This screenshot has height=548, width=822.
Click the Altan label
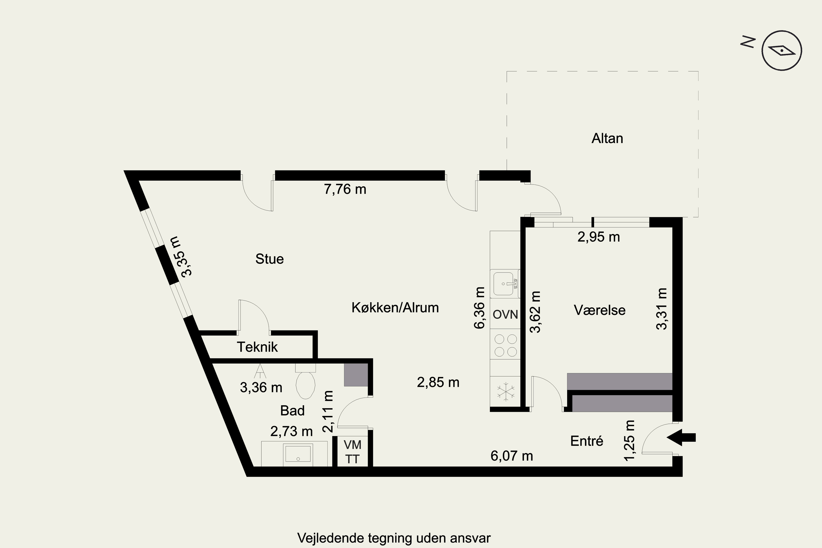click(x=607, y=138)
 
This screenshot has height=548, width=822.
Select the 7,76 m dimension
click(x=345, y=189)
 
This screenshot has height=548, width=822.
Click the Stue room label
click(x=269, y=259)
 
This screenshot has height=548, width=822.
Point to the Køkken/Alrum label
click(x=395, y=307)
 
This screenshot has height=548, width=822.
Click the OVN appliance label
click(x=505, y=315)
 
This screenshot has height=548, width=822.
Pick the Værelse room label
click(x=600, y=310)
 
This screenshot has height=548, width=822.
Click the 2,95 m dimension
click(x=599, y=237)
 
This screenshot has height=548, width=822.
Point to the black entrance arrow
click(x=681, y=438)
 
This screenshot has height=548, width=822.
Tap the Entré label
click(x=587, y=441)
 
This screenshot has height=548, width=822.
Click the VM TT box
click(x=352, y=451)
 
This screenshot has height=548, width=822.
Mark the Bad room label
click(x=293, y=411)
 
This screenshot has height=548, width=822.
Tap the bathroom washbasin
click(x=298, y=454)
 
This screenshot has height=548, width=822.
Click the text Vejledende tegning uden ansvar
click(x=394, y=538)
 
